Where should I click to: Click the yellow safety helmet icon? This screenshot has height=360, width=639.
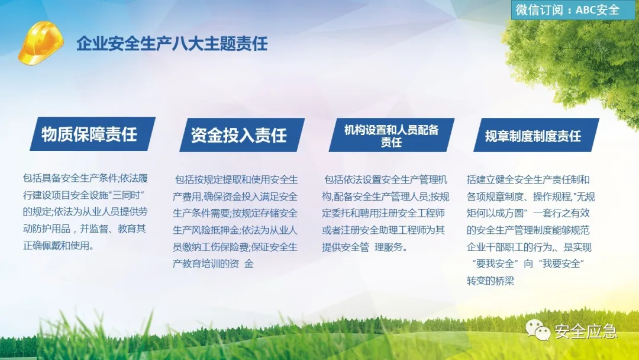[x=41, y=43]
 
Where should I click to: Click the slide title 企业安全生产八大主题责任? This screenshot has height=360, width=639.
[x=172, y=44]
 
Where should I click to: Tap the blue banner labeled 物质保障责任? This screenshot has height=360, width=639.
[x=92, y=134]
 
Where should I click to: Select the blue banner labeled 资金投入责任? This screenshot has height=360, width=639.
[x=242, y=135]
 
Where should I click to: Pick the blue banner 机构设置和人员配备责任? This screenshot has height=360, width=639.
[x=392, y=135]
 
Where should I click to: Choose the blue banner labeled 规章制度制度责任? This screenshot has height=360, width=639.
[x=536, y=135]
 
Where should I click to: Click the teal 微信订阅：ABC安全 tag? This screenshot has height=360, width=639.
[x=570, y=10]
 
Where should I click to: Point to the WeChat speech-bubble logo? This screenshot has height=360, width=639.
[x=538, y=329]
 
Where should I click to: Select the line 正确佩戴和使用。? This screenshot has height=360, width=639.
[x=58, y=246]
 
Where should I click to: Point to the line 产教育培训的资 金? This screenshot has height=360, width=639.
[x=213, y=263]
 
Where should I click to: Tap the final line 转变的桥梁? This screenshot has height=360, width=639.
[x=490, y=281]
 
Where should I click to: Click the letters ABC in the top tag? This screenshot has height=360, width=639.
[x=586, y=10]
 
